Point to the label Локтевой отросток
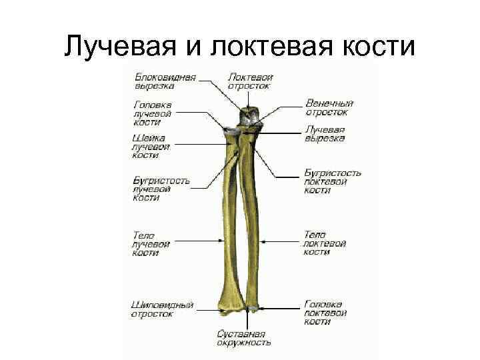click(250, 81)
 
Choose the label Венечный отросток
click(329, 107)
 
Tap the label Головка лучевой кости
click(153, 113)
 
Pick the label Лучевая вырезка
click(325, 133)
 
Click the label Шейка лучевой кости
click(151, 146)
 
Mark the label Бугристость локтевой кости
click(332, 181)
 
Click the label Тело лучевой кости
click(151, 243)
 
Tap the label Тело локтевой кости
click(325, 243)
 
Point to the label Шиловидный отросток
click(162, 309)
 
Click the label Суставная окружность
click(243, 338)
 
